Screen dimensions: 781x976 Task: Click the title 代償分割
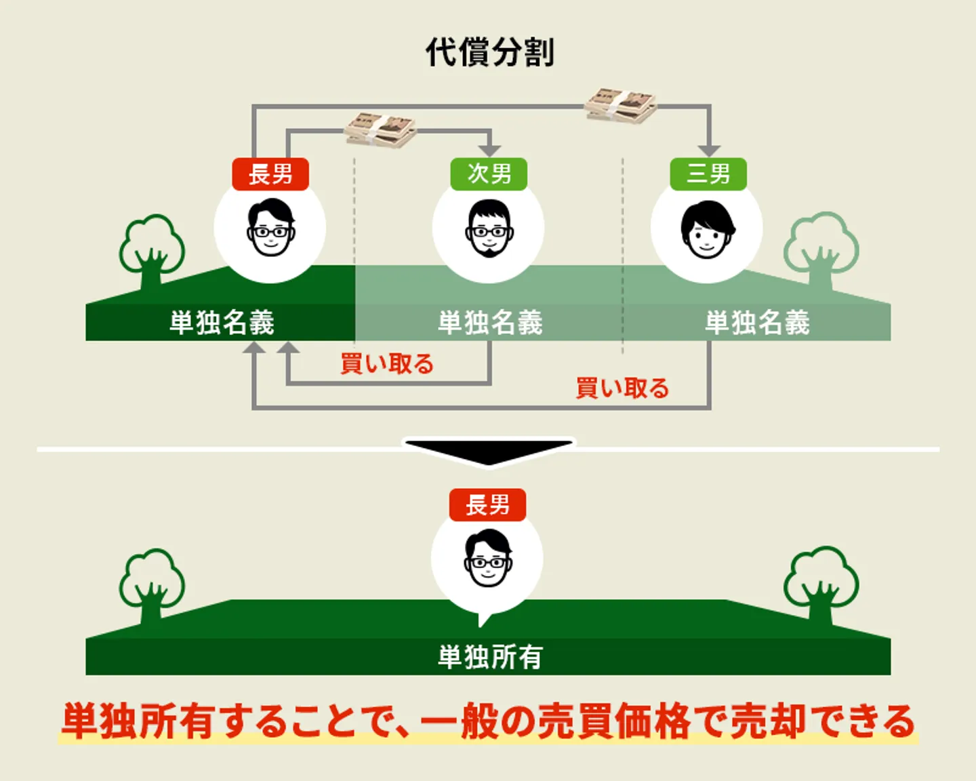tap(489, 52)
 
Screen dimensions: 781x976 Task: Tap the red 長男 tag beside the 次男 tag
tap(270, 174)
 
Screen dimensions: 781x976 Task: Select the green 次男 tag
tap(489, 174)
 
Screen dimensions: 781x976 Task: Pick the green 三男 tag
tap(708, 174)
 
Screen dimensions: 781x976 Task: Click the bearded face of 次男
tap(489, 229)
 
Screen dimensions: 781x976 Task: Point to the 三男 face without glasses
tap(707, 229)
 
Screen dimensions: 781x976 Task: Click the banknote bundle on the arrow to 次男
tap(380, 129)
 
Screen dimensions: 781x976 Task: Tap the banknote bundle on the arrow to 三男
tap(621, 106)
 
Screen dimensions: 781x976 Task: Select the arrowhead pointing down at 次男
tap(489, 150)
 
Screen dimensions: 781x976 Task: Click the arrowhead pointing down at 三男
tap(709, 150)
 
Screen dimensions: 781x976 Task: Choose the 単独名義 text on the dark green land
tap(222, 322)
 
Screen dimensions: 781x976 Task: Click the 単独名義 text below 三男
tap(757, 322)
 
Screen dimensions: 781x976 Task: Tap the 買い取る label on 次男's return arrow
tap(386, 364)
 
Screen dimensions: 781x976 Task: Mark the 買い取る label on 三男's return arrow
tap(622, 388)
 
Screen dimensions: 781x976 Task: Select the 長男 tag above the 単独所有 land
tap(487, 505)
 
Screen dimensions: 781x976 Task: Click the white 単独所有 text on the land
tap(489, 656)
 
